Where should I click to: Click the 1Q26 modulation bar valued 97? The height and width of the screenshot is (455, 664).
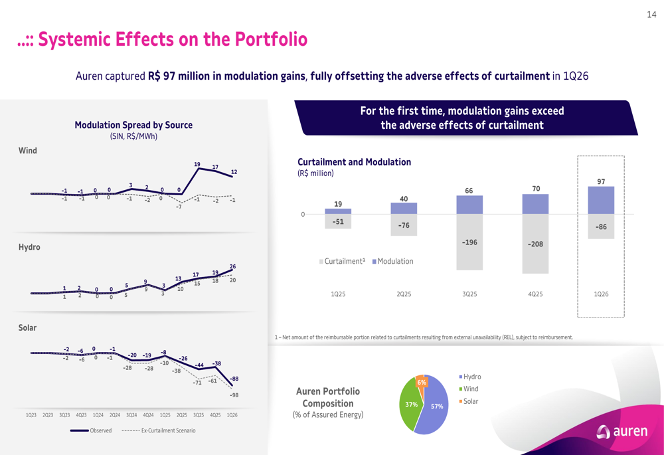pyautogui.click(x=601, y=200)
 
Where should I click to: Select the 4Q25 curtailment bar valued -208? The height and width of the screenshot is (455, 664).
pyautogui.click(x=535, y=244)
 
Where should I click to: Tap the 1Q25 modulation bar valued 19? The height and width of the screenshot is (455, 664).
pyautogui.click(x=338, y=211)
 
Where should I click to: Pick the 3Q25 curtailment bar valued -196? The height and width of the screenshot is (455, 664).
pyautogui.click(x=469, y=242)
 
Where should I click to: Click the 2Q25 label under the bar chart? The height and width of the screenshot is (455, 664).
pyautogui.click(x=404, y=294)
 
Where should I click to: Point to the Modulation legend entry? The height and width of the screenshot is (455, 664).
pyautogui.click(x=392, y=262)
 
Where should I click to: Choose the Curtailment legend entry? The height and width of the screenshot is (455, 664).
pyautogui.click(x=342, y=262)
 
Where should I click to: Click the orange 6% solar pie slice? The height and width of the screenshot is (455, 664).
pyautogui.click(x=420, y=381)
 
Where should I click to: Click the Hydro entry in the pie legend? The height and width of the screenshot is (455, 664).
pyautogui.click(x=470, y=377)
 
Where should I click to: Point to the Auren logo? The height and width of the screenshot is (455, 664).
pyautogui.click(x=622, y=431)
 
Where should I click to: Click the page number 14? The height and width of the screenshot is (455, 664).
pyautogui.click(x=651, y=15)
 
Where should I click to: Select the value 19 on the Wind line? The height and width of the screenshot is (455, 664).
pyautogui.click(x=197, y=164)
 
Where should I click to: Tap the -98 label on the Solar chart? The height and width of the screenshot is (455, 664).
pyautogui.click(x=234, y=395)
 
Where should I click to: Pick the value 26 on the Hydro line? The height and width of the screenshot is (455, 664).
pyautogui.click(x=232, y=266)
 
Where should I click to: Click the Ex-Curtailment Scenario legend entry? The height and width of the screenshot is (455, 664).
pyautogui.click(x=159, y=430)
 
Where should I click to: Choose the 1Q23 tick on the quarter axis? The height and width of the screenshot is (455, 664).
pyautogui.click(x=31, y=415)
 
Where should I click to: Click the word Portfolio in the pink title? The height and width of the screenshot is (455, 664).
pyautogui.click(x=271, y=39)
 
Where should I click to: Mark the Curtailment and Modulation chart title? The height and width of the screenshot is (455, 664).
pyautogui.click(x=354, y=162)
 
